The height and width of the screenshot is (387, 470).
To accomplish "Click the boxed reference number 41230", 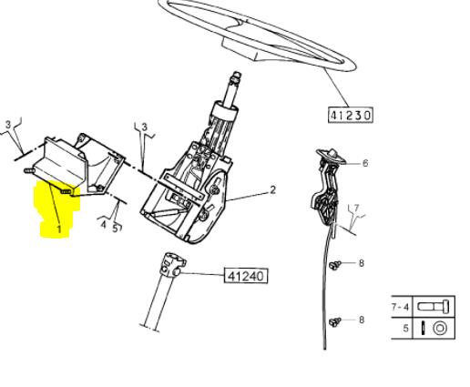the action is [351, 115].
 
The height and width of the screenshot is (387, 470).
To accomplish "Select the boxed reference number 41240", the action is [246, 276].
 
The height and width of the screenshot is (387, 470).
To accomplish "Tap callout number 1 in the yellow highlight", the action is [59, 229].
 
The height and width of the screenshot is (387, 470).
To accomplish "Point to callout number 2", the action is [273, 190].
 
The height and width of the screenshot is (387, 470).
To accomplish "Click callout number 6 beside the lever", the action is [365, 163].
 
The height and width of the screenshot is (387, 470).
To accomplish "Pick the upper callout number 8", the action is [362, 263].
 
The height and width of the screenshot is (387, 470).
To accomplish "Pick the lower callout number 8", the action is [362, 320].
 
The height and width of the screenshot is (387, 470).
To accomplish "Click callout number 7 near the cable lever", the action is [356, 208].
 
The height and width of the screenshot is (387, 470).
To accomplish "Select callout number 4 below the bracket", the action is [104, 225].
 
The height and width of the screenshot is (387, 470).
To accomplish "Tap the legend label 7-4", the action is [400, 307].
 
